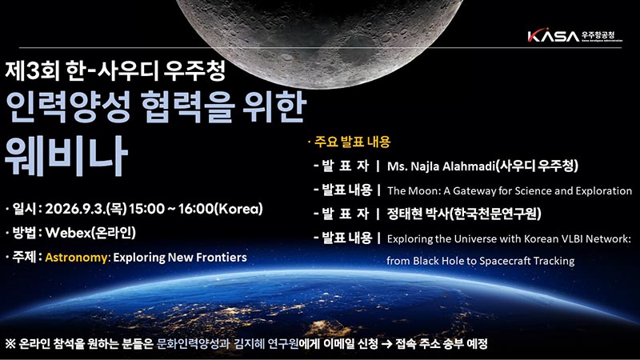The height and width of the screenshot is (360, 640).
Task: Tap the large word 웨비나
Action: point(66,155)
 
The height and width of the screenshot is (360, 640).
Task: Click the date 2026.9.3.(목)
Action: point(86,209)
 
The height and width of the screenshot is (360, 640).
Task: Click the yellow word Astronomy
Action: point(76,258)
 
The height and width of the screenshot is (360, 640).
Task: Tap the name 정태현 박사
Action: point(417,214)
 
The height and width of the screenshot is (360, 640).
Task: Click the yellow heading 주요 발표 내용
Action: point(352,142)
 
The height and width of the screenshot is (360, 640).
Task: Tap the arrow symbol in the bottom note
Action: point(386,344)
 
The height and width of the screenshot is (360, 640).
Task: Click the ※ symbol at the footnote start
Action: point(10,344)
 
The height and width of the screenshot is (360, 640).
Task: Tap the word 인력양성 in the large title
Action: point(68,107)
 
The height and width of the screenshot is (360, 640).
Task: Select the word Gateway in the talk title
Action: point(470,191)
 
